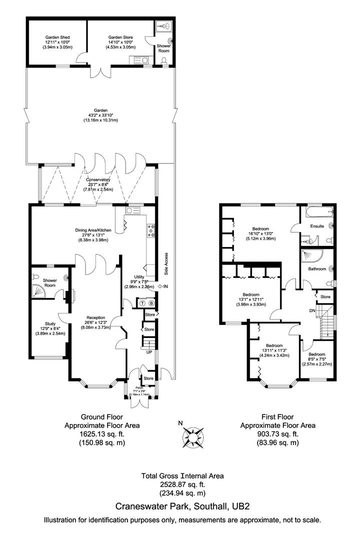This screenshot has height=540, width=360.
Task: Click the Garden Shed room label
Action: tap(57, 37)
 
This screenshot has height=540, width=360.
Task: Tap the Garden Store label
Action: tap(119, 37)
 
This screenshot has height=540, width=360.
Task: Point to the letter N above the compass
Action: tap(180, 423)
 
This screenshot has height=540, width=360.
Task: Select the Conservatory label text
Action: tap(98, 180)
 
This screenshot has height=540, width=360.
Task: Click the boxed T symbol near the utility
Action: tap(142, 303)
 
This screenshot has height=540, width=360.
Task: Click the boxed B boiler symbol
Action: tap(151, 303)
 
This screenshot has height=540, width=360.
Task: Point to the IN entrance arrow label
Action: tap(165, 286)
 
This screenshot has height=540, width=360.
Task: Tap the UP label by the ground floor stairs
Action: tap(148, 352)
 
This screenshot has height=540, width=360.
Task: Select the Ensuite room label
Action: tap(317, 226)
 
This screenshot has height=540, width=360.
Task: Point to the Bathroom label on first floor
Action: tap(316, 269)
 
